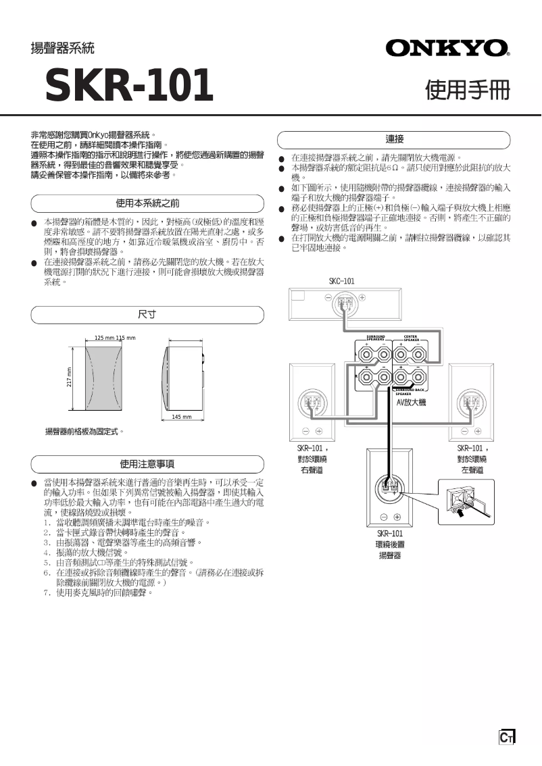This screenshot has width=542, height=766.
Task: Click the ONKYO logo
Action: click(447, 48)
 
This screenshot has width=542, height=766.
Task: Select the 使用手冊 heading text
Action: click(466, 90)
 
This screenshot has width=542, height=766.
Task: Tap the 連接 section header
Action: click(395, 139)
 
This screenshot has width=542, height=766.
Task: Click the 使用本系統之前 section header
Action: click(147, 203)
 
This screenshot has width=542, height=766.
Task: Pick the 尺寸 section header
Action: click(147, 315)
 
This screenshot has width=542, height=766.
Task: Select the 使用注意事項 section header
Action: click(147, 464)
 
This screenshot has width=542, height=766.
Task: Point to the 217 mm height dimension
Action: click(69, 380)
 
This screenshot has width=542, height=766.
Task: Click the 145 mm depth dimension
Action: click(181, 417)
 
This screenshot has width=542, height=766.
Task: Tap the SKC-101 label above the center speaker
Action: click(341, 281)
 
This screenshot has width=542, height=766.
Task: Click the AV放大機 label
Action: click(411, 403)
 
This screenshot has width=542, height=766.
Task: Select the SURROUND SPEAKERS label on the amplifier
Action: click(375, 337)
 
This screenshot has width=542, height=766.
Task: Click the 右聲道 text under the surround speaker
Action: click(312, 469)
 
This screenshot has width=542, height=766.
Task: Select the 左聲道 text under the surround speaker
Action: click(472, 469)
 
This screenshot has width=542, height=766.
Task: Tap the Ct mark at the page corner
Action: click(506, 738)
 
